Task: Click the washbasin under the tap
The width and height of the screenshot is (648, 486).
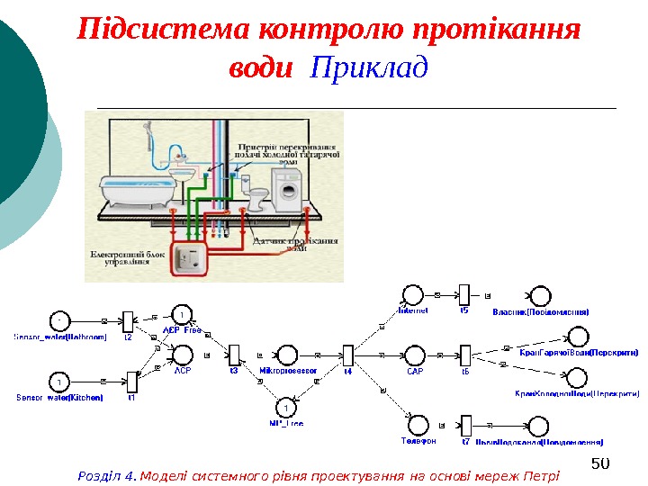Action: [185, 172]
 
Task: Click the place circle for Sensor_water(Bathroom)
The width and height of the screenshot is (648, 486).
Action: [59, 319]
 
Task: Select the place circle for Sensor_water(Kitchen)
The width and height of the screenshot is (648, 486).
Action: [58, 381]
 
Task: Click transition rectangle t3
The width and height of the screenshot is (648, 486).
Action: [234, 355]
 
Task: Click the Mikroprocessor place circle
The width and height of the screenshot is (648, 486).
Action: [288, 355]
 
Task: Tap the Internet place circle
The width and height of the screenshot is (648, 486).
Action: [413, 295]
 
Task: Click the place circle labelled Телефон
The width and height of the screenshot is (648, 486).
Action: [418, 425]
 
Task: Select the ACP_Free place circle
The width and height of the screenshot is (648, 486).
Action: [182, 314]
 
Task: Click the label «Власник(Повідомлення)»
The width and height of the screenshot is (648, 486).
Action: [542, 311]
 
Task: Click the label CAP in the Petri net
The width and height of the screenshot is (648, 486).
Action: [415, 371]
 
